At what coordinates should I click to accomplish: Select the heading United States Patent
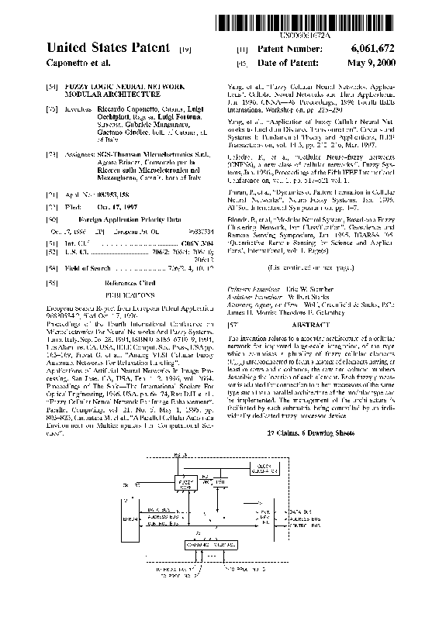pos(108,48)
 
